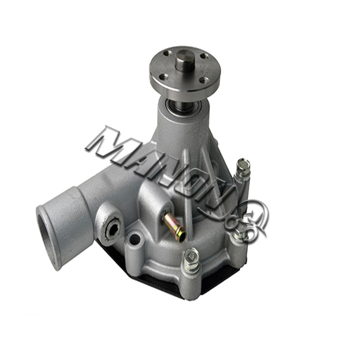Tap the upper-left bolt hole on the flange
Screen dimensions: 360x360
[x=167, y=53]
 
